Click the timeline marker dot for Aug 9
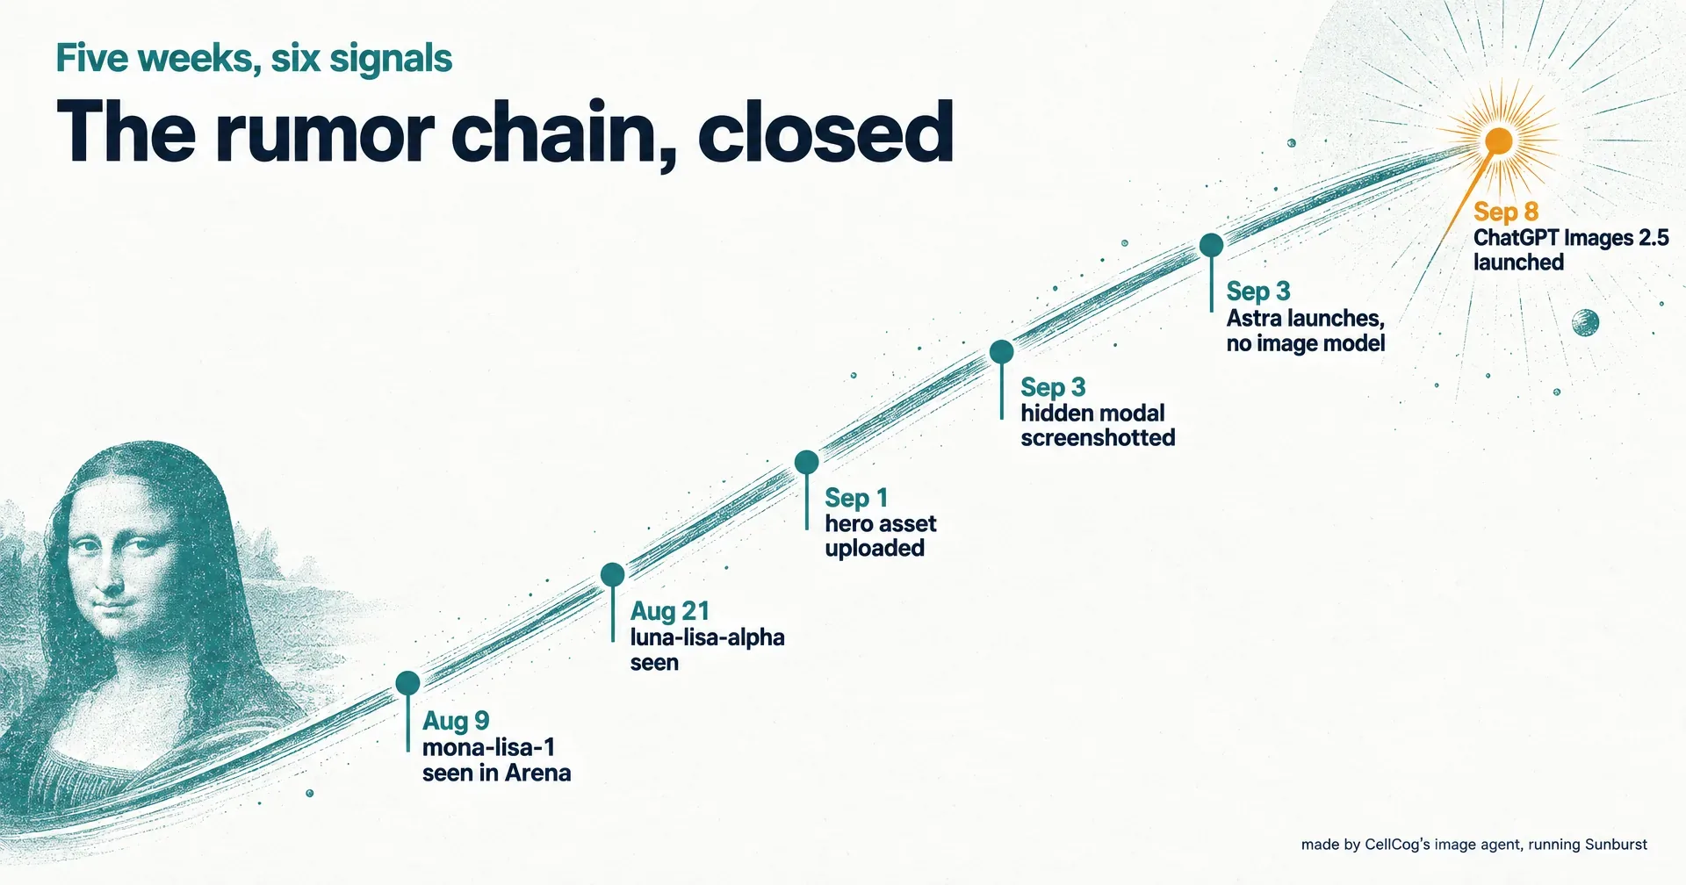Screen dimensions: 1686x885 click(x=407, y=683)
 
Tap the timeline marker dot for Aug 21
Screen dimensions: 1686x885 click(x=612, y=575)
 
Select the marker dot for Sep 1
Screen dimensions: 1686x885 click(x=806, y=462)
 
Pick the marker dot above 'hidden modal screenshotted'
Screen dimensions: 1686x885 click(x=1001, y=352)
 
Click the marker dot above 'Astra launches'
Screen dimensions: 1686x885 click(x=1211, y=245)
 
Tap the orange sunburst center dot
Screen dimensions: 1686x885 click(x=1498, y=140)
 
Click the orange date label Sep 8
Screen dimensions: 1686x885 click(x=1505, y=212)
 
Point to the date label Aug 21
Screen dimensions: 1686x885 click(x=669, y=611)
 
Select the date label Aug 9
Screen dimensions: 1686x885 click(x=455, y=721)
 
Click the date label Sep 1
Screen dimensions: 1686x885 click(x=856, y=498)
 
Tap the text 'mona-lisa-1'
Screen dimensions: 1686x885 click(x=488, y=748)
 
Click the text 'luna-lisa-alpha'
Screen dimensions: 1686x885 click(x=707, y=637)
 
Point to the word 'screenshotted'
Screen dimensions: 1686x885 click(x=1098, y=437)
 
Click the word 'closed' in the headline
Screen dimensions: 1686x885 click(x=825, y=132)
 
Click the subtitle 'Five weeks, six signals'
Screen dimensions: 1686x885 click(x=254, y=59)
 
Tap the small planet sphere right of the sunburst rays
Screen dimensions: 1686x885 click(x=1585, y=323)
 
